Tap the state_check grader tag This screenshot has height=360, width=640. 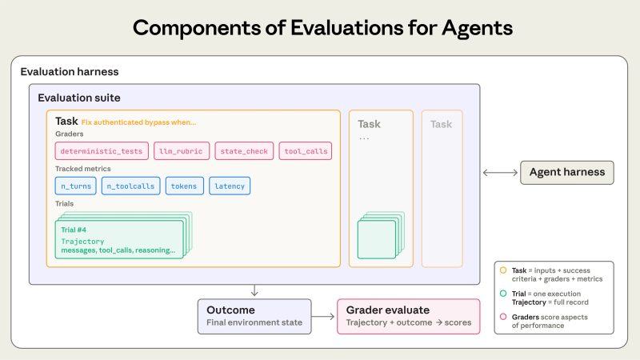[x=244, y=151]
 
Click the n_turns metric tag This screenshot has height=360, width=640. [x=76, y=186]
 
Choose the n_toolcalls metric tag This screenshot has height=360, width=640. [x=131, y=186]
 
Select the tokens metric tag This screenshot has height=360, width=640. [x=184, y=186]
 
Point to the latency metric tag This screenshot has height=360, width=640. [x=230, y=186]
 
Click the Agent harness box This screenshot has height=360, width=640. [x=567, y=172]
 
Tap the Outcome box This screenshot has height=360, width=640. [x=254, y=315]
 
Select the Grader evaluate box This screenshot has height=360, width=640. [x=407, y=315]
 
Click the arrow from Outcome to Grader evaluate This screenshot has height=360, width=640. [x=324, y=316]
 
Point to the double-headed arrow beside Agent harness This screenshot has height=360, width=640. [x=500, y=172]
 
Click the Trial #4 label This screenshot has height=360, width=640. [x=78, y=230]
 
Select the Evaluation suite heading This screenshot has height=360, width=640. [x=79, y=98]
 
